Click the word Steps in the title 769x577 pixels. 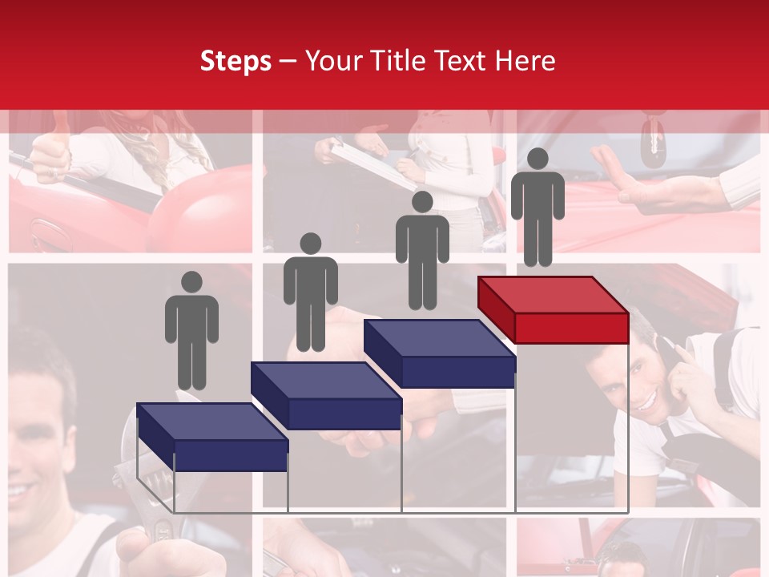(x=236, y=61)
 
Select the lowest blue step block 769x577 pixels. (x=212, y=438)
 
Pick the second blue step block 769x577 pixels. (x=326, y=396)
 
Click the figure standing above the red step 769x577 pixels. (x=537, y=208)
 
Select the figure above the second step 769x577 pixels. (x=310, y=293)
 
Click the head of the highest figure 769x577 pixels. (x=537, y=159)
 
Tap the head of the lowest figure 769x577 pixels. (x=191, y=282)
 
